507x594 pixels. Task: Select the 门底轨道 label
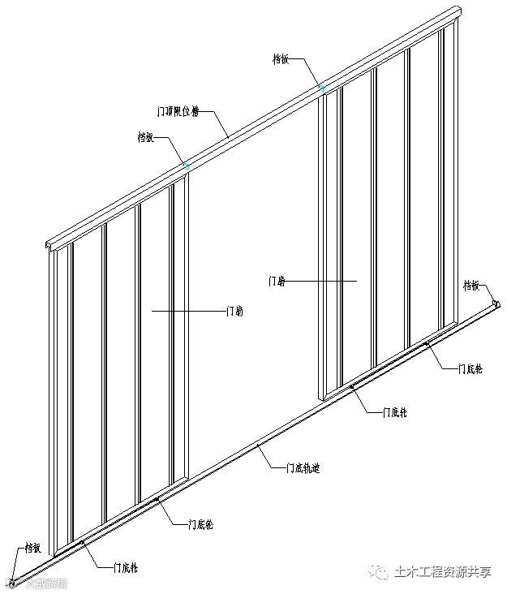(x=302, y=467)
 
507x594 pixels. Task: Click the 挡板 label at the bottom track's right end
(x=473, y=285)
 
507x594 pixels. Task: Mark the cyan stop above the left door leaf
(x=187, y=166)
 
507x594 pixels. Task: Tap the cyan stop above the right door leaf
(x=323, y=87)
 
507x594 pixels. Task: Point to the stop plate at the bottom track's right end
(x=496, y=304)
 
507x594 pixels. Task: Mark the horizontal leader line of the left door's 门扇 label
(x=187, y=310)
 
